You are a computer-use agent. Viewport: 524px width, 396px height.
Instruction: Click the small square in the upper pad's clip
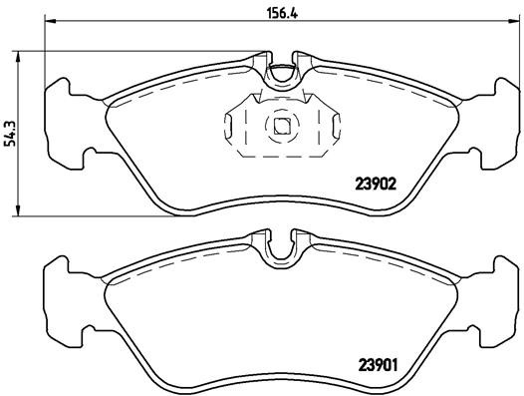(282, 126)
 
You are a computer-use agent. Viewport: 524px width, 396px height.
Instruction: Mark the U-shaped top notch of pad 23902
(283, 72)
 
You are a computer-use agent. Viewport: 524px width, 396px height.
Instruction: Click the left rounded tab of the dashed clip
(231, 127)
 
